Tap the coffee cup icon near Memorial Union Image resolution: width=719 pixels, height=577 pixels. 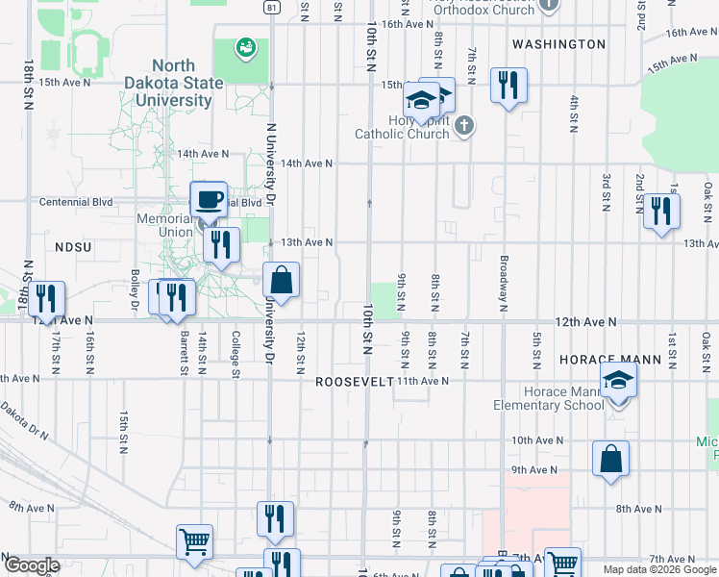[x=210, y=200]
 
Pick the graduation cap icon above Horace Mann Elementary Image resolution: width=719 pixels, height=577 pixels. [x=619, y=380]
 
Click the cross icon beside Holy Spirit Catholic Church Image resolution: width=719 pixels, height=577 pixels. [x=464, y=125]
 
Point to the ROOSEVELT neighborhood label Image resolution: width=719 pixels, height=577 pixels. [x=355, y=382]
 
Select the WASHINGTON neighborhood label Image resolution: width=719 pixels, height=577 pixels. [x=558, y=44]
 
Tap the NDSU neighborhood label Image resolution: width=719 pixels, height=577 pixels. [x=72, y=247]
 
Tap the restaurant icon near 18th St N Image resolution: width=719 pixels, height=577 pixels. [x=46, y=299]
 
